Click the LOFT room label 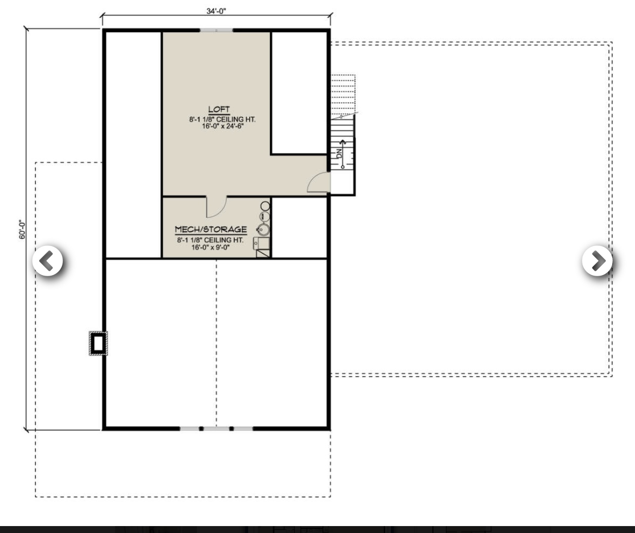click(x=219, y=109)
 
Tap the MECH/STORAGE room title click(x=211, y=230)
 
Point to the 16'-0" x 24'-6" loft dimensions click(x=222, y=126)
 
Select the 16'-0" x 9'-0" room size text click(x=211, y=247)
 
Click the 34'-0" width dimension click(x=216, y=11)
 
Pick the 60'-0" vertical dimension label click(x=22, y=230)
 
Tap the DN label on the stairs click(x=339, y=153)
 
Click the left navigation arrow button click(x=48, y=261)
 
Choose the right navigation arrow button click(x=597, y=261)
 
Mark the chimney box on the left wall click(x=98, y=342)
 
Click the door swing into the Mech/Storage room click(x=216, y=207)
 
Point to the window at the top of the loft click(x=216, y=31)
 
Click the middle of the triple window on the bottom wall click(x=216, y=428)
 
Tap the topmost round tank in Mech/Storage click(x=265, y=206)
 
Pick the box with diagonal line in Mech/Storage click(x=263, y=252)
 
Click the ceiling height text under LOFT click(x=222, y=119)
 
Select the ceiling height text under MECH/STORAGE click(x=211, y=240)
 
